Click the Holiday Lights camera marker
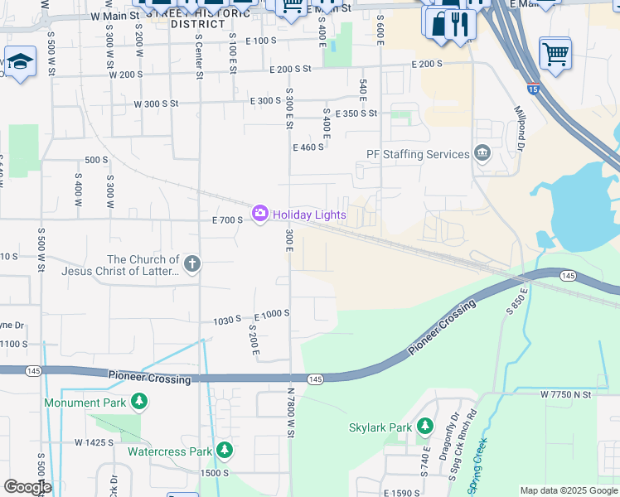point(260,215)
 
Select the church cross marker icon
point(192,264)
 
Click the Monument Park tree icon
point(139,403)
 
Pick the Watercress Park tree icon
point(224,451)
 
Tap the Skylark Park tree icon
point(425,427)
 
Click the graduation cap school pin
point(19,61)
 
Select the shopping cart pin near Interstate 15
point(555,54)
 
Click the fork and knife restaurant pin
point(460,24)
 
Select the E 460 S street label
point(308,147)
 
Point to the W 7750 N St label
point(565,395)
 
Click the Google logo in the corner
point(27,487)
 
